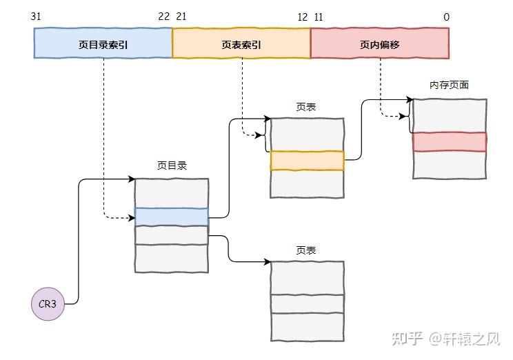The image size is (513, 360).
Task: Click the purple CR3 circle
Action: click(x=48, y=303)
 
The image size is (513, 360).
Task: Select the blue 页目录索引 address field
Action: click(x=103, y=43)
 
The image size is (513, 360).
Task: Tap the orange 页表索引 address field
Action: click(x=241, y=43)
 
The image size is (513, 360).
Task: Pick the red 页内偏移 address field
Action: click(x=380, y=43)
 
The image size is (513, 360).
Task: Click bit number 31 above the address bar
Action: click(x=36, y=17)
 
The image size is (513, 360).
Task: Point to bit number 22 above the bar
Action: click(x=164, y=17)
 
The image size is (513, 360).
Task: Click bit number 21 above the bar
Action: click(x=181, y=17)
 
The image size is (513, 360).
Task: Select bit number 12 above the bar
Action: click(x=303, y=17)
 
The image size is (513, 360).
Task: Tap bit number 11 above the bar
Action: click(x=319, y=17)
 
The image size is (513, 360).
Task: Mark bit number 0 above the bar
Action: click(x=447, y=17)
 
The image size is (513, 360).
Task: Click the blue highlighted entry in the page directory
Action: click(x=172, y=217)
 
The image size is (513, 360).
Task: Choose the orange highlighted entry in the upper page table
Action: click(x=308, y=161)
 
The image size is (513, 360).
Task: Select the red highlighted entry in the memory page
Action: click(x=450, y=141)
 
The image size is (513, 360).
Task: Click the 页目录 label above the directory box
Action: click(x=172, y=166)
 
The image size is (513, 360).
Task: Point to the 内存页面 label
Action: click(x=449, y=85)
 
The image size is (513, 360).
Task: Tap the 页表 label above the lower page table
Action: click(x=306, y=250)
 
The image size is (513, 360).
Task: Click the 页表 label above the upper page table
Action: click(x=306, y=107)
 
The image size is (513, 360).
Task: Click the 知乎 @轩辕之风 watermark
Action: click(x=446, y=339)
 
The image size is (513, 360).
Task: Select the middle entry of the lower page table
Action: click(x=308, y=303)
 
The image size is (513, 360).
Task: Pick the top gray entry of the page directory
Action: click(x=172, y=193)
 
